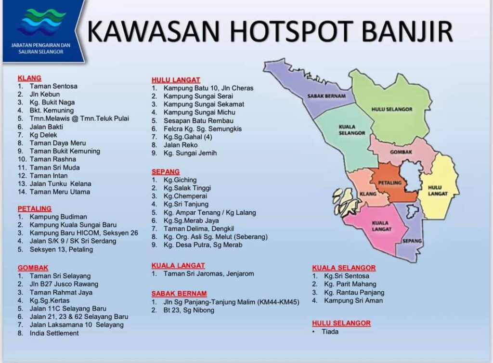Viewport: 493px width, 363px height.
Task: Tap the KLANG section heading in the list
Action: tap(29, 78)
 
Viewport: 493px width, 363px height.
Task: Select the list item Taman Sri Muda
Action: tap(54, 168)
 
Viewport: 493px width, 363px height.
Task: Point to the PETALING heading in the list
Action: tap(34, 209)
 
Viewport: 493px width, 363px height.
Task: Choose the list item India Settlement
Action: tap(54, 333)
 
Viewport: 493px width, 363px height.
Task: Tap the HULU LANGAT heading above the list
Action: tap(176, 80)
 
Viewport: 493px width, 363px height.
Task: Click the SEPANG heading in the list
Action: tap(166, 172)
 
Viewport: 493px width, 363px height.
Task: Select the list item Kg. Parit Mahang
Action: tap(350, 285)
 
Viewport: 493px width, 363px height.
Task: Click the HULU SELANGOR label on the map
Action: tap(392, 109)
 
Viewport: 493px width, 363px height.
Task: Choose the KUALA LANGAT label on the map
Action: tap(380, 226)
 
